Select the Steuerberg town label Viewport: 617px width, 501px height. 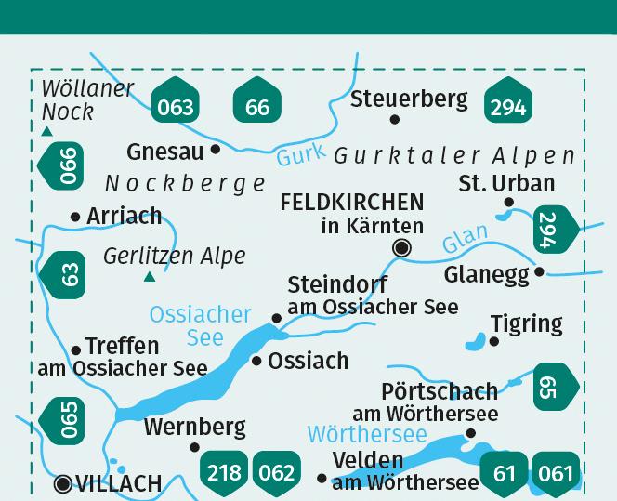click(408, 98)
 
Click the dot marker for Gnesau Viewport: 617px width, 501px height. click(216, 148)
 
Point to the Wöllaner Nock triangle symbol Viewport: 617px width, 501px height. click(46, 132)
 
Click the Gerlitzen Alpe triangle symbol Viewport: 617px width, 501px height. click(149, 276)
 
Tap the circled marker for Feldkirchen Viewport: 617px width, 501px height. click(402, 247)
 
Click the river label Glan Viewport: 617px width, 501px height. click(464, 240)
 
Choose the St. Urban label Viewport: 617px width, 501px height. click(506, 182)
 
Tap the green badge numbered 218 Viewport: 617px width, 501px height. click(224, 473)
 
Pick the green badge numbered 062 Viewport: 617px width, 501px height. click(276, 473)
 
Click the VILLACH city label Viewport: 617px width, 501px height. click(117, 484)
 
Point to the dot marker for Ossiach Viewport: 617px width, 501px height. click(256, 360)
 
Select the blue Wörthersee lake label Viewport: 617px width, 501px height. click(366, 434)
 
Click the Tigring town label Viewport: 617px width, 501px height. click(526, 323)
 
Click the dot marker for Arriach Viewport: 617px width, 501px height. click(75, 217)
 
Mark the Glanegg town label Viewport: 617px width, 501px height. click(486, 274)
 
